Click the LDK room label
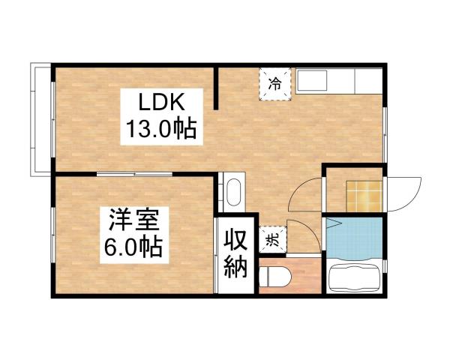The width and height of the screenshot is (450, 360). click(159, 101)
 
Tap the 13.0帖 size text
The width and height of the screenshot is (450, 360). click(159, 130)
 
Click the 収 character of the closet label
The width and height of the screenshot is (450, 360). click(235, 241)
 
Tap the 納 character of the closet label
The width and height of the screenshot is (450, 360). click(235, 267)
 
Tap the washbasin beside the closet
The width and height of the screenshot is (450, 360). click(233, 190)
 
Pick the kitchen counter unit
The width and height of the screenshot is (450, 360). click(337, 80)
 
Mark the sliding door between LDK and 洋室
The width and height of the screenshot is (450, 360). click(135, 175)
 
